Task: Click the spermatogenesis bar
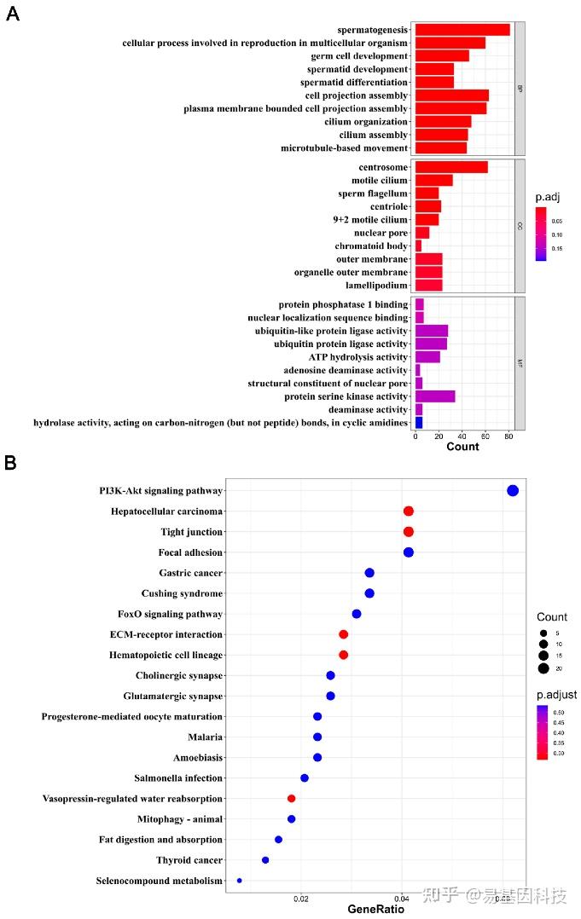pyautogui.click(x=462, y=30)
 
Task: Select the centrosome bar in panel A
pyautogui.click(x=450, y=167)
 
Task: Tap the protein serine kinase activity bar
pyautogui.click(x=434, y=396)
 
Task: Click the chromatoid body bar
pyautogui.click(x=418, y=246)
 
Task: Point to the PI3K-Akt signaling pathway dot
pyautogui.click(x=512, y=490)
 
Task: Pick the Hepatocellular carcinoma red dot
pyautogui.click(x=408, y=512)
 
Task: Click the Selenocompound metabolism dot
pyautogui.click(x=239, y=881)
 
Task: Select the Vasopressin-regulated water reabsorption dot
pyautogui.click(x=291, y=799)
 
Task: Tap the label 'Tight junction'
pyautogui.click(x=191, y=532)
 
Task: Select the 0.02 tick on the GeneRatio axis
pyautogui.click(x=301, y=899)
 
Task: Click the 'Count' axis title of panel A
pyautogui.click(x=462, y=447)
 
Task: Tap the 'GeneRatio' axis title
pyautogui.click(x=375, y=910)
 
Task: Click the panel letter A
pyautogui.click(x=13, y=14)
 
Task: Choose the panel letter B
pyautogui.click(x=10, y=463)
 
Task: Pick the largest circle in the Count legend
pyautogui.click(x=543, y=668)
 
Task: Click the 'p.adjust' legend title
pyautogui.click(x=555, y=696)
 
